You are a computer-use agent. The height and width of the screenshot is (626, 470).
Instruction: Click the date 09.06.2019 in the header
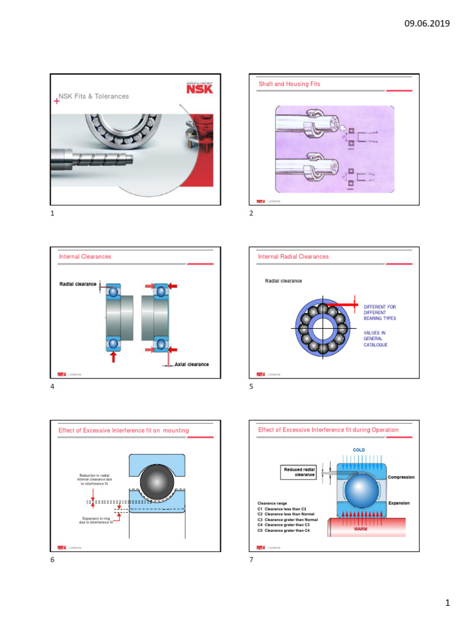(x=427, y=24)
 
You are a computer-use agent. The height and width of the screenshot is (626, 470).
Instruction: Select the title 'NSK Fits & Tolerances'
(x=94, y=97)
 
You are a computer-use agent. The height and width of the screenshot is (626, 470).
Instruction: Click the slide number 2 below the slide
(x=252, y=214)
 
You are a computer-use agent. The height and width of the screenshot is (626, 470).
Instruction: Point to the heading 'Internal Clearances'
(x=85, y=257)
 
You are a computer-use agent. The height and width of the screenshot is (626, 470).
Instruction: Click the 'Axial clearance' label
(x=191, y=364)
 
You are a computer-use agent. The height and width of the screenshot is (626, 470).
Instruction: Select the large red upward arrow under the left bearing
(x=113, y=356)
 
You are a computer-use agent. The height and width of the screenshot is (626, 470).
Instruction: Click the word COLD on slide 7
(x=359, y=450)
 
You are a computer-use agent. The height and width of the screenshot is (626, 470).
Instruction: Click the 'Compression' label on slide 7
(x=401, y=477)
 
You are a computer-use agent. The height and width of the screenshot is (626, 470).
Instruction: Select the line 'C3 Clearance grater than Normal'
(x=288, y=519)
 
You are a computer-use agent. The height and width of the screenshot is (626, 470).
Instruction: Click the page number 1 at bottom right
(x=447, y=604)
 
